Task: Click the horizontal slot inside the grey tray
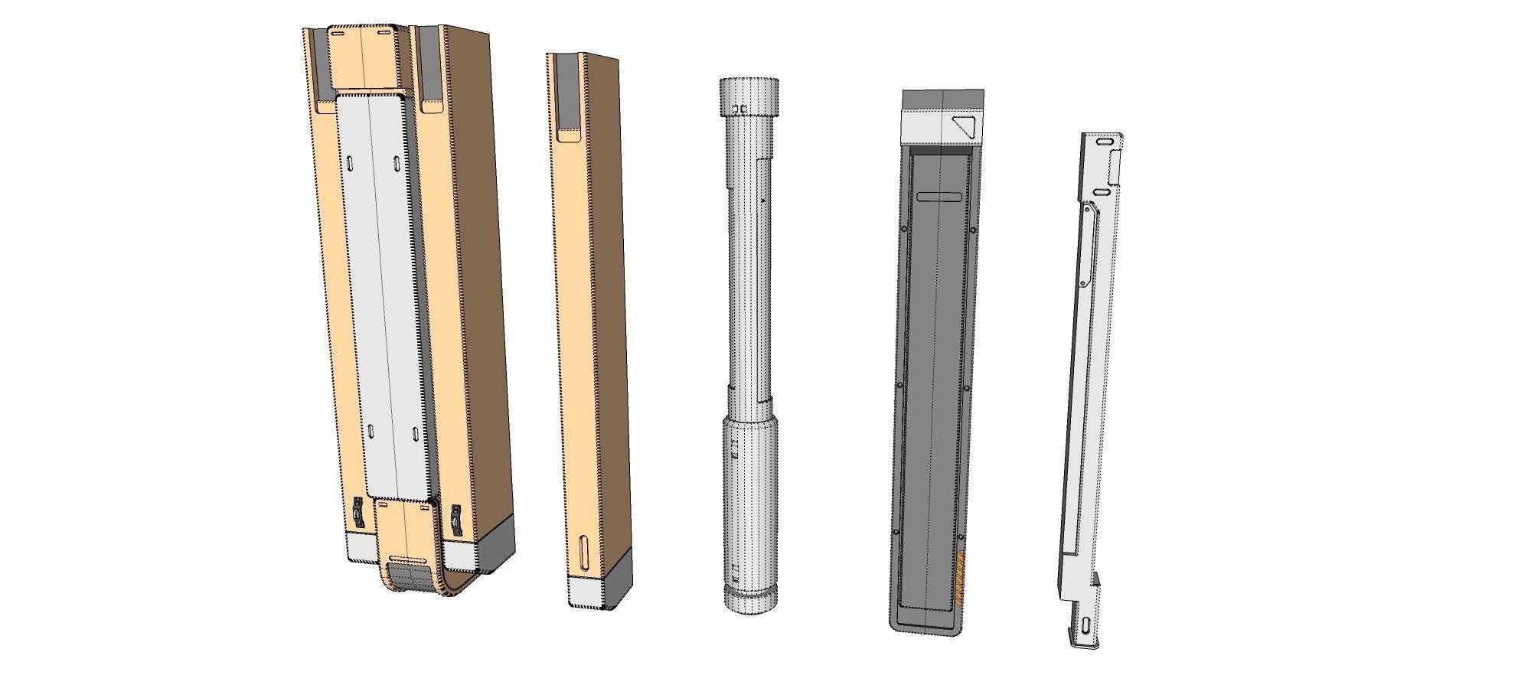click(939, 197)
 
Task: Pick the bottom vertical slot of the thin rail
click(1088, 625)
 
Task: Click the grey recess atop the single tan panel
click(567, 96)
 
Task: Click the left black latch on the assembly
click(357, 516)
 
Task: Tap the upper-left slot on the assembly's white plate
click(350, 165)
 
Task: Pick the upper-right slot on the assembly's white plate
click(397, 165)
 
